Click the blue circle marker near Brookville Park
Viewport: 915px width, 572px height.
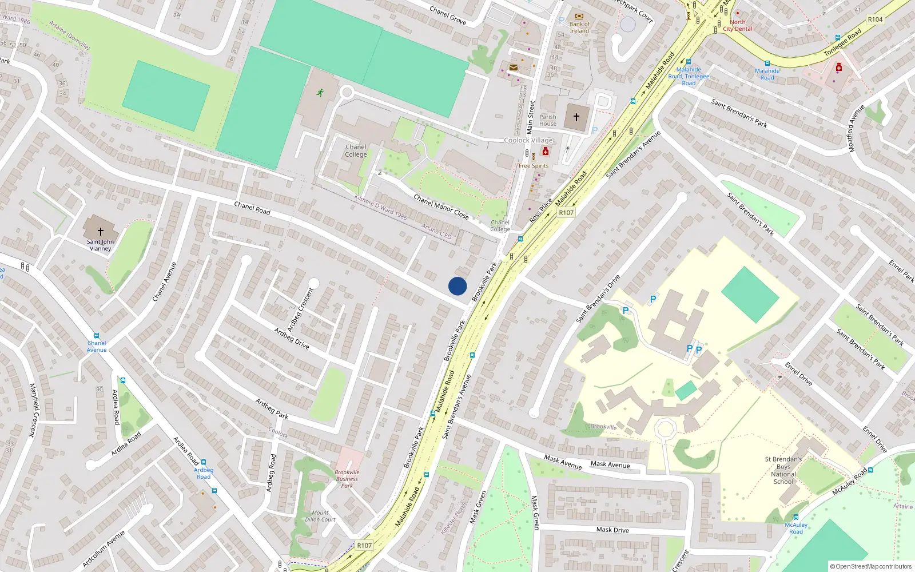click(x=457, y=286)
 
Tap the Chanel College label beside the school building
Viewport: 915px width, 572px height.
click(x=356, y=150)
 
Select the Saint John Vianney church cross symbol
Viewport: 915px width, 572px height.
click(x=101, y=231)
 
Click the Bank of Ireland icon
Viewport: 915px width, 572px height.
click(x=579, y=16)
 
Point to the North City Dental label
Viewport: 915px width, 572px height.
click(x=738, y=26)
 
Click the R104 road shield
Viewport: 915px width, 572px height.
click(x=875, y=19)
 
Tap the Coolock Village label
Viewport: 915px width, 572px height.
click(x=528, y=140)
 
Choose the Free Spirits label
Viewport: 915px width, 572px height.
click(x=534, y=166)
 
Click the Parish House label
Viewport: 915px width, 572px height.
click(x=547, y=120)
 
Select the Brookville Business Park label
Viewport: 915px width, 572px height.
click(x=347, y=479)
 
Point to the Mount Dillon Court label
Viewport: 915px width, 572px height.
click(x=320, y=516)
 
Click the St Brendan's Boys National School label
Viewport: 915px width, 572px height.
click(x=783, y=470)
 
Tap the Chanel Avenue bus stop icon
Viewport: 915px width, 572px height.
click(x=97, y=336)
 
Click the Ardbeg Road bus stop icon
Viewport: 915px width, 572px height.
click(x=203, y=462)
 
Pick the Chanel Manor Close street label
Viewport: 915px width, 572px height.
click(x=441, y=207)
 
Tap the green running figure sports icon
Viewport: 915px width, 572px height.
click(x=320, y=92)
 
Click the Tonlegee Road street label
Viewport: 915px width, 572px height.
click(x=842, y=43)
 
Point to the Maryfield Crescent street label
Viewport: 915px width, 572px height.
click(x=33, y=410)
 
